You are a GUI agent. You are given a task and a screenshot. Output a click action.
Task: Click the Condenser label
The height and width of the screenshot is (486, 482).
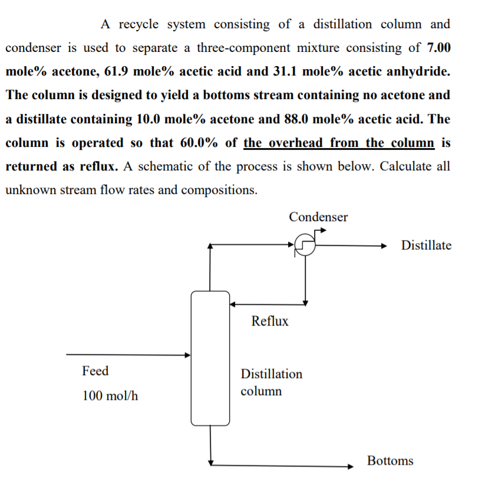coord(318,217)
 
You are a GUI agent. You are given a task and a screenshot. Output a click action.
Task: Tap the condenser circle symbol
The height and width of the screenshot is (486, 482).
coord(305,245)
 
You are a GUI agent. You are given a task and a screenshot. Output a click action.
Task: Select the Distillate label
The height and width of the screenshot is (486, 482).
coord(426,245)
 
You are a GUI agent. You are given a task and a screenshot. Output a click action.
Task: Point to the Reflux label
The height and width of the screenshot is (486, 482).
coord(270,321)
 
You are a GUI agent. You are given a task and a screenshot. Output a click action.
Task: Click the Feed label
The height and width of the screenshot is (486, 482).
coord(95,371)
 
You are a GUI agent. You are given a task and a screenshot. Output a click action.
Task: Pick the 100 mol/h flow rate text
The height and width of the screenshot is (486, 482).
coord(111,395)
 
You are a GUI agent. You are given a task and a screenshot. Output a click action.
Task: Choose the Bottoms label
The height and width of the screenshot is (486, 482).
coord(390,461)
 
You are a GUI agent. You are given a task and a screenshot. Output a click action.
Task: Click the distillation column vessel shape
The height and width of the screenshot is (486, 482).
coord(210,358)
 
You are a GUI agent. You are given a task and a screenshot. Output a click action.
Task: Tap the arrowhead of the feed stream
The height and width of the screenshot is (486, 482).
coord(188,355)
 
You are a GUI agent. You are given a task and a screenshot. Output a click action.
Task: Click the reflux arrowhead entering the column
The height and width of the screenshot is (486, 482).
coord(233,304)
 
